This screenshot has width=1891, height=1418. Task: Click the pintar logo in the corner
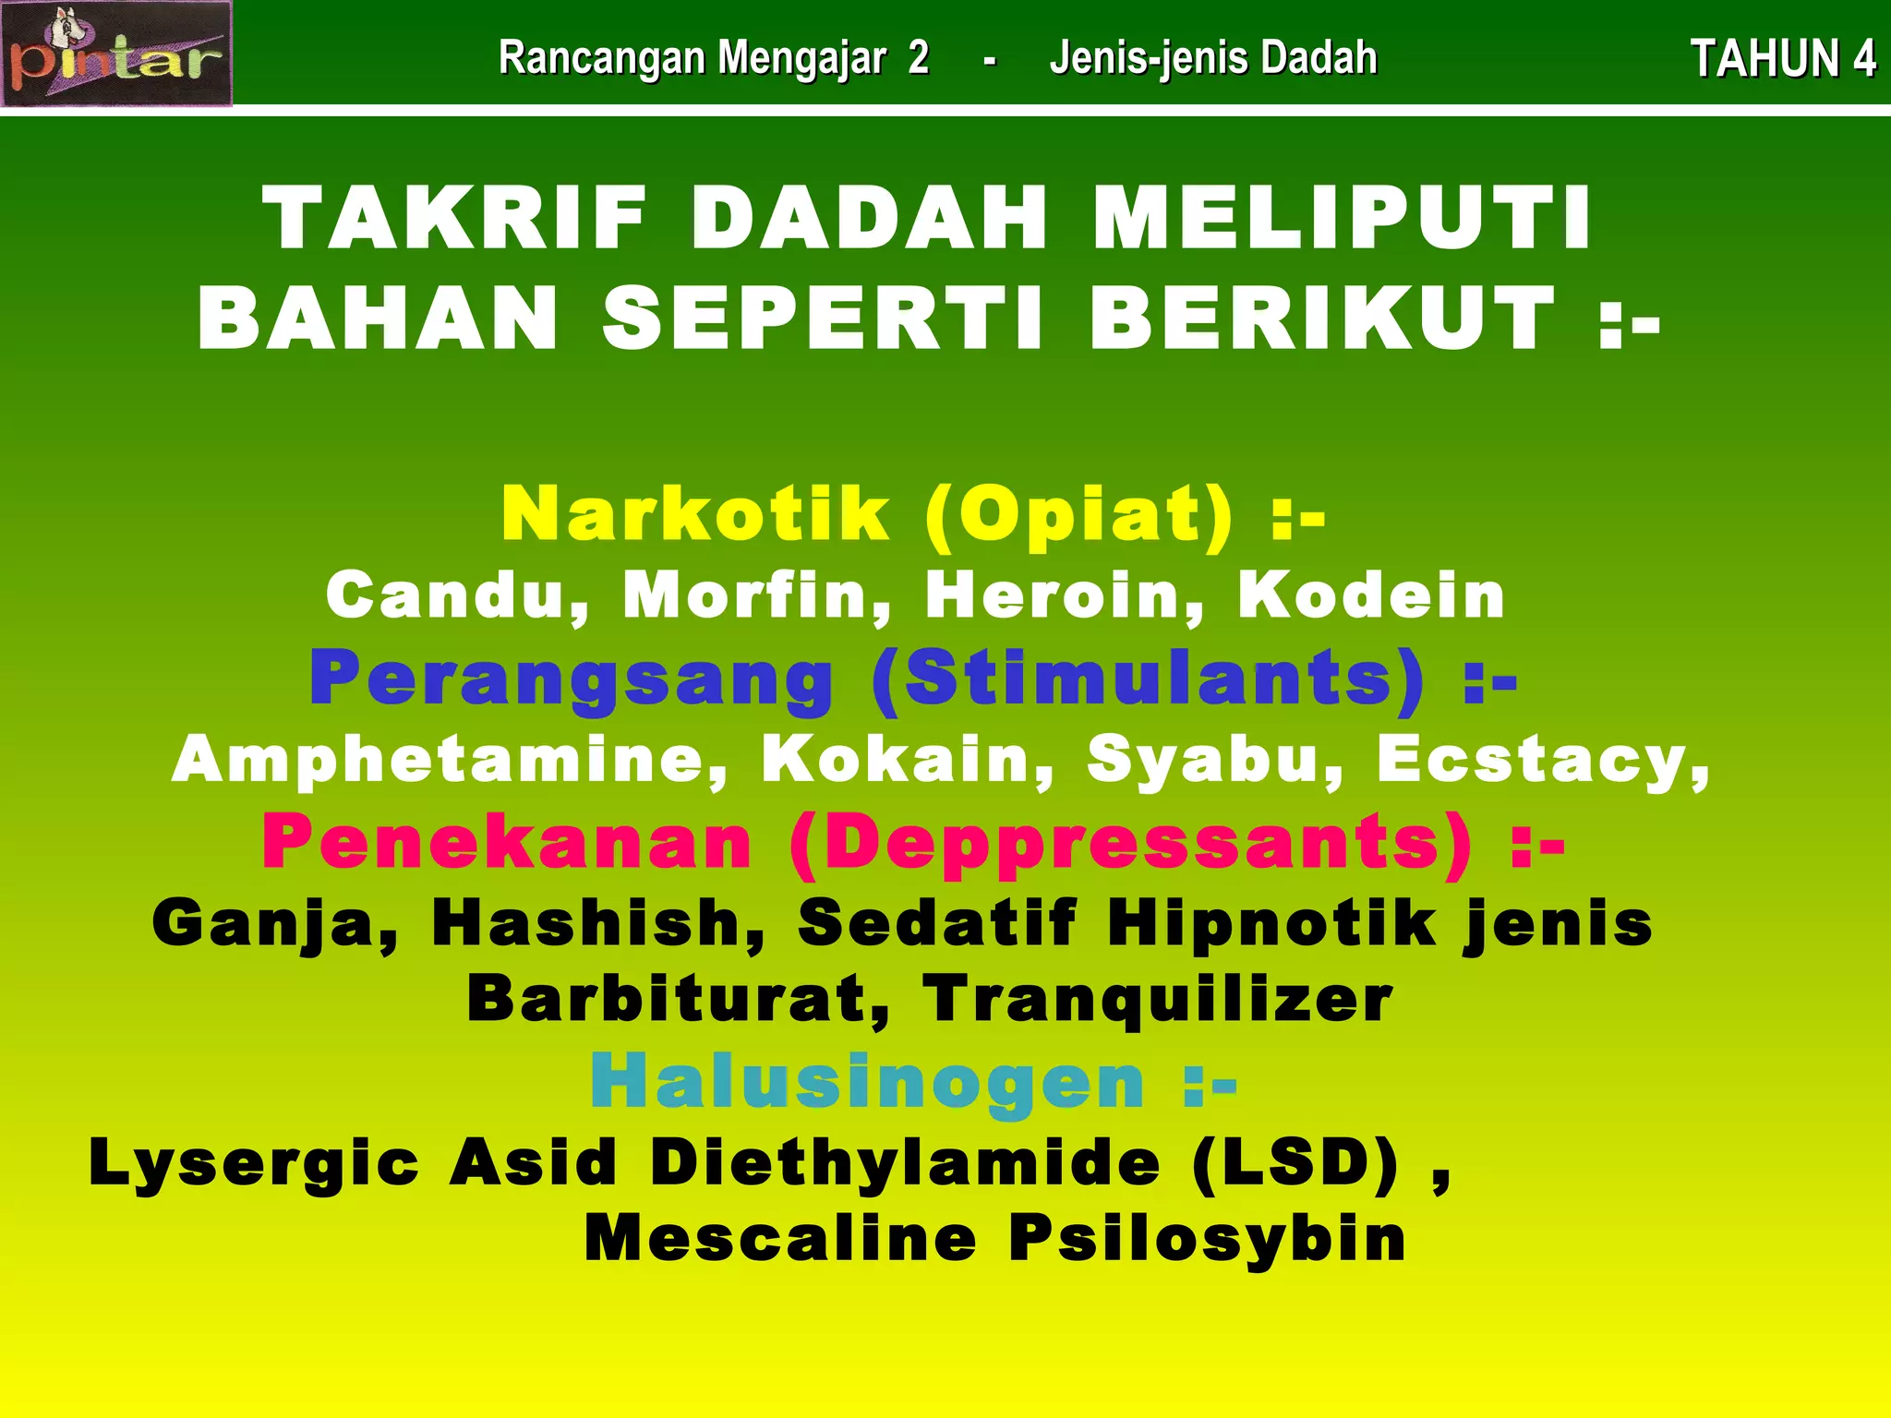116,54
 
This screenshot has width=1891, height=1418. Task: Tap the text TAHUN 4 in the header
1782,59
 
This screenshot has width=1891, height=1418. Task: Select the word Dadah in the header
1319,58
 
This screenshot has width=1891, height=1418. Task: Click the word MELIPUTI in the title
1343,218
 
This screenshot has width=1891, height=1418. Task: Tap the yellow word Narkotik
696,513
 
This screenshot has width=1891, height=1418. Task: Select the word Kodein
1372,595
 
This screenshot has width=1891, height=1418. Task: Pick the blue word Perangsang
572,679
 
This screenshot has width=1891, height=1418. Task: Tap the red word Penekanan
507,842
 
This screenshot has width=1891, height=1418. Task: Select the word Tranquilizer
1159,1000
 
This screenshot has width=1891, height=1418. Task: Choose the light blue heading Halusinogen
868,1082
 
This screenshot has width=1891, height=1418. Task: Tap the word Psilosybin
1208,1238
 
